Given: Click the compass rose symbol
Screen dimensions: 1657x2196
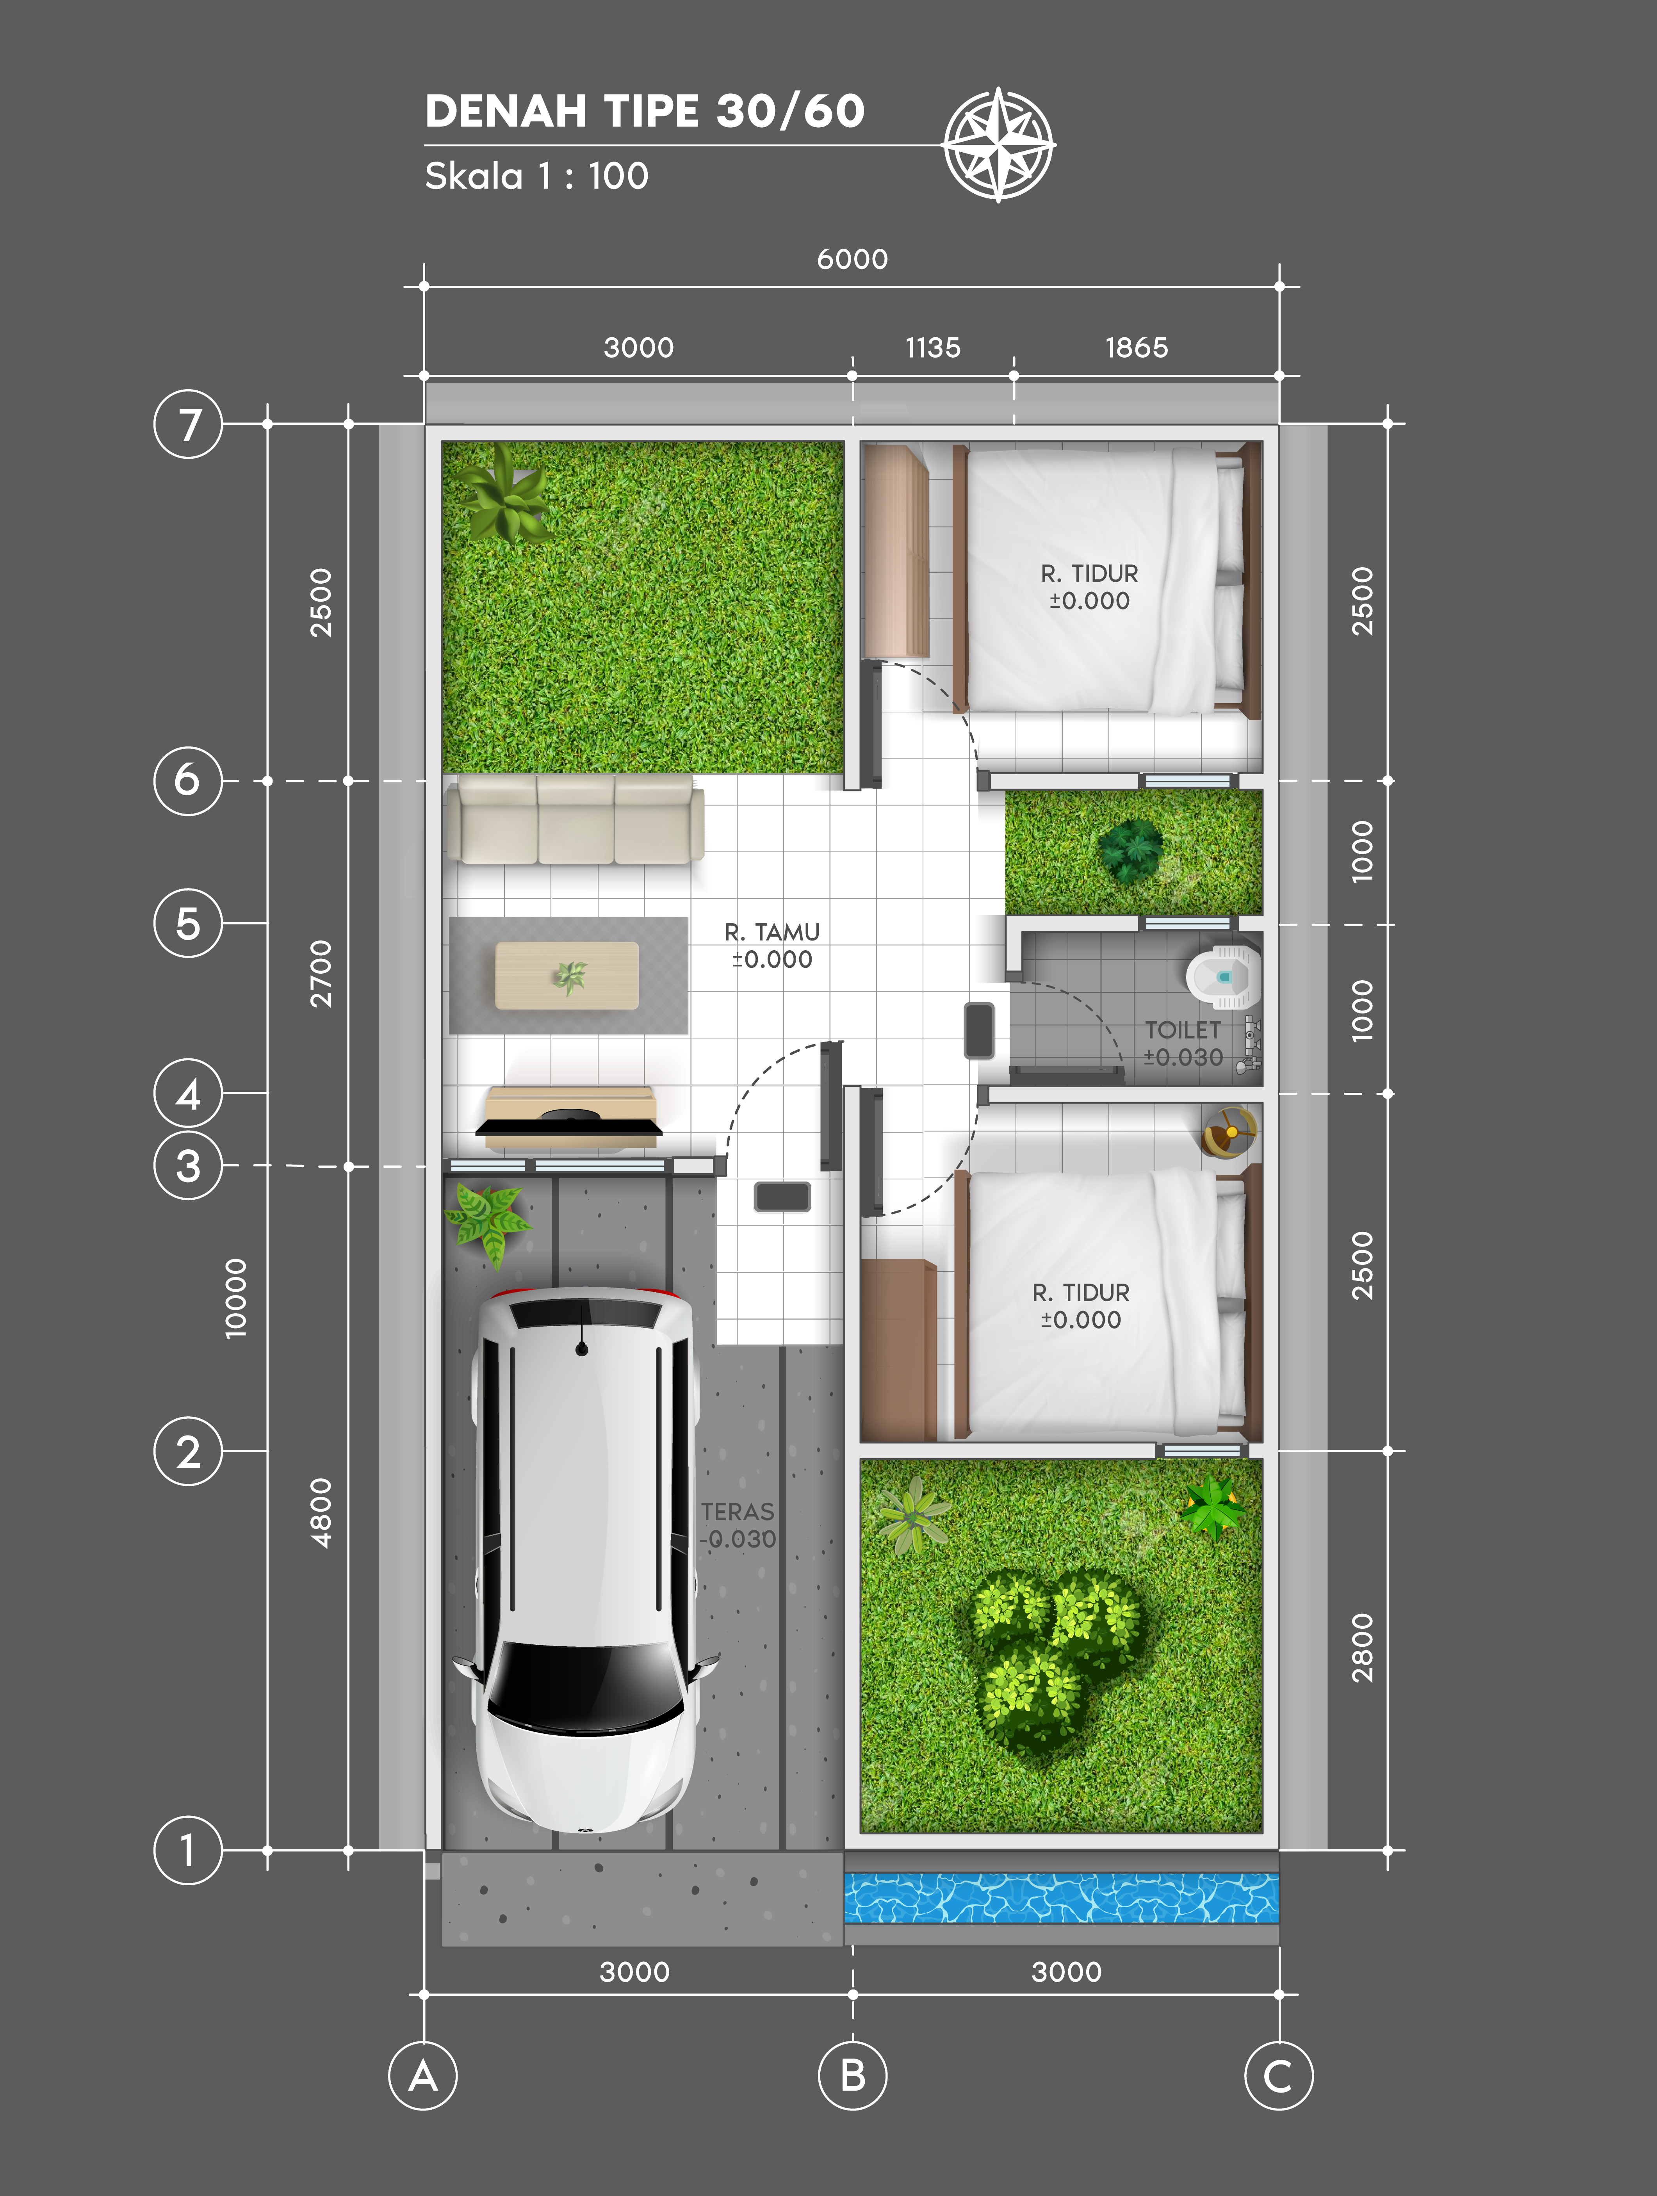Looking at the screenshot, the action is click(999, 145).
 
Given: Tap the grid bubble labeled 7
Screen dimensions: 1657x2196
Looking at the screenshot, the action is click(188, 424).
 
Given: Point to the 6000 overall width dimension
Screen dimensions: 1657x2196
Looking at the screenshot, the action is click(852, 259).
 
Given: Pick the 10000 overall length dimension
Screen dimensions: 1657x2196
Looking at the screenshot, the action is click(235, 1298).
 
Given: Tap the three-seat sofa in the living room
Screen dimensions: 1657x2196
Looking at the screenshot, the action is click(575, 819).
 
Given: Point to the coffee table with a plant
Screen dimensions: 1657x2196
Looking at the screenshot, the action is click(567, 976).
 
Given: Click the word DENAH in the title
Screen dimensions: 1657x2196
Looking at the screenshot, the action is click(506, 111).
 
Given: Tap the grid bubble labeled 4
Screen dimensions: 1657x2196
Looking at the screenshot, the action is click(188, 1093).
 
